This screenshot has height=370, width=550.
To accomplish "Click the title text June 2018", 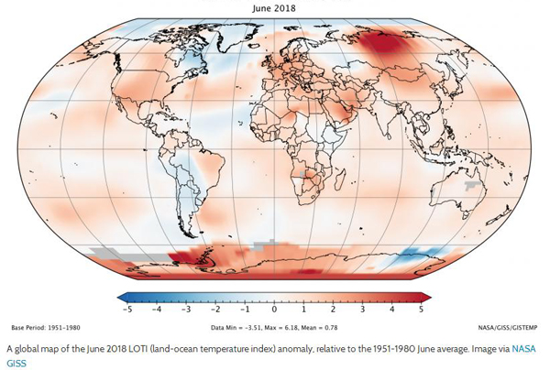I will pyautogui.click(x=275, y=6).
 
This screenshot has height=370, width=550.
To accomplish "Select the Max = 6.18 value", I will pyautogui.click(x=281, y=327).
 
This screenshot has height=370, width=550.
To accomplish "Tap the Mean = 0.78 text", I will pyautogui.click(x=324, y=327).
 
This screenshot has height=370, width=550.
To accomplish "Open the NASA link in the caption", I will pyautogui.click(x=522, y=349).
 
